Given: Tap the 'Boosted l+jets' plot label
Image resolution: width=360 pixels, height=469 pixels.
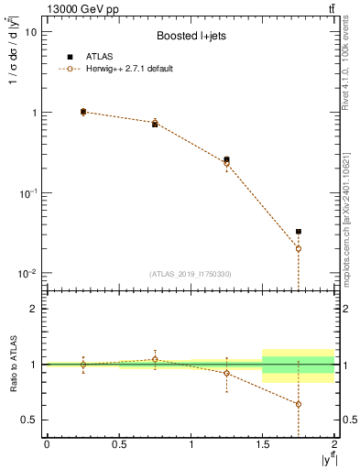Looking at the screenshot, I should click(x=191, y=36).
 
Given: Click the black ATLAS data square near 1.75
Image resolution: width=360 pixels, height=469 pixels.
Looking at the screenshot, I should click(x=299, y=232).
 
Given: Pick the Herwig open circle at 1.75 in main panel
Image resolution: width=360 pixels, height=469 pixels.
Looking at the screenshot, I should click(x=299, y=248).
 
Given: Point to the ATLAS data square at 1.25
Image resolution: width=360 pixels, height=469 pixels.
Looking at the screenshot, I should click(x=226, y=159).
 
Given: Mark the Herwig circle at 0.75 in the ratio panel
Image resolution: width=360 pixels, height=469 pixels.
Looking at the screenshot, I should click(x=155, y=359).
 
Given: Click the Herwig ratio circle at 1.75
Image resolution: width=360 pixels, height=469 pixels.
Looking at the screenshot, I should click(x=299, y=404).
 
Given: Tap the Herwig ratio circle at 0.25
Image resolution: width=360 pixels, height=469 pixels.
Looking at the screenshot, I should click(x=83, y=365).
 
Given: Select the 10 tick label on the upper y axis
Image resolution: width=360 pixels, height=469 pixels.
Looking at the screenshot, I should click(x=30, y=31).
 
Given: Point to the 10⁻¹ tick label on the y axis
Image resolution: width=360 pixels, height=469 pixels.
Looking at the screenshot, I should click(x=27, y=193).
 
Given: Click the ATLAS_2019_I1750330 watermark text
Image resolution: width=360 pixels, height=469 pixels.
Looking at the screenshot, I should click(x=191, y=274).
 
